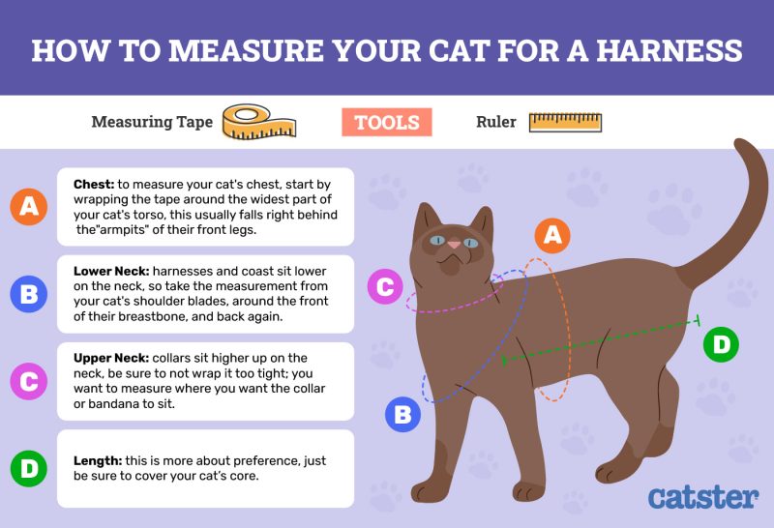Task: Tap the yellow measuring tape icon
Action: [x=258, y=123]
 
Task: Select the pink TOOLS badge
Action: [x=386, y=123]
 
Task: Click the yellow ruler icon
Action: [x=566, y=123]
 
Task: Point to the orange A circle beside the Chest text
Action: [x=30, y=206]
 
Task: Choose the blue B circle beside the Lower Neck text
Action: [x=30, y=294]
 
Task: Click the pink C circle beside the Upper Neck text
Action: [x=30, y=381]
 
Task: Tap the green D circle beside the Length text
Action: [x=30, y=469]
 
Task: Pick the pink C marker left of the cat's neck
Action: [x=384, y=287]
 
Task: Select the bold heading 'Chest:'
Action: [x=94, y=182]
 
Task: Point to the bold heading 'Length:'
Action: [x=97, y=462]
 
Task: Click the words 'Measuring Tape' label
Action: [x=152, y=123]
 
